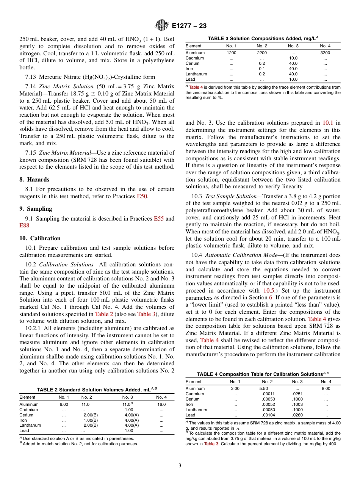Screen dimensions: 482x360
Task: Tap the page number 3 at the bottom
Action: click(x=180, y=465)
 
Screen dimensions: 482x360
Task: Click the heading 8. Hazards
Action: click(x=34, y=180)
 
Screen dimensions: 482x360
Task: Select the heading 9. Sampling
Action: click(x=36, y=209)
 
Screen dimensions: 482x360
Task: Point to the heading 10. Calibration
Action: click(x=40, y=238)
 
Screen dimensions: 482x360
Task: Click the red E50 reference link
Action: click(x=142, y=196)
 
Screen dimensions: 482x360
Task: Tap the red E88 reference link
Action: click(x=24, y=225)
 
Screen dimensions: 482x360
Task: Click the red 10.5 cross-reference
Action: click(x=269, y=291)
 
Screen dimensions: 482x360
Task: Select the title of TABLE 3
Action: click(x=263, y=38)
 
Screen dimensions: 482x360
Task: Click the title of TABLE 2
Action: click(x=97, y=390)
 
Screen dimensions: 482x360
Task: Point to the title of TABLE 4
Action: click(x=263, y=374)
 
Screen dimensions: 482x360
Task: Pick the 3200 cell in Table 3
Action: click(x=325, y=53)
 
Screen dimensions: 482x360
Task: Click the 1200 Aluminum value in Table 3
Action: click(x=232, y=53)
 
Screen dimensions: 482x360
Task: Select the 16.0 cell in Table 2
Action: click(x=161, y=404)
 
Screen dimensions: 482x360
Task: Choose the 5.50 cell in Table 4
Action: click(x=264, y=388)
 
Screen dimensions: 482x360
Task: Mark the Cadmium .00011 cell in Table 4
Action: click(x=268, y=394)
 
